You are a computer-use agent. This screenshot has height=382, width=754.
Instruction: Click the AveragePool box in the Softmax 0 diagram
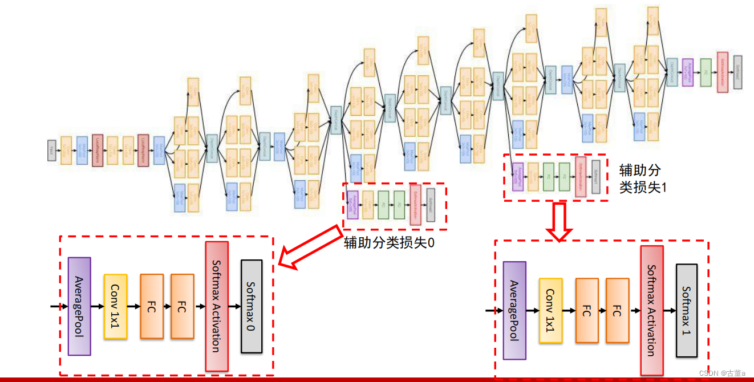[x=79, y=306]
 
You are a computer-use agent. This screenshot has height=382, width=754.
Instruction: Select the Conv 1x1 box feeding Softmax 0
[x=115, y=306]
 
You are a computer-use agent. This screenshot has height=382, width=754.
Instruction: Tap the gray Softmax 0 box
[x=252, y=306]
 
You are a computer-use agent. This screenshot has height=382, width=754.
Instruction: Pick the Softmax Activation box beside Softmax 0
[x=217, y=306]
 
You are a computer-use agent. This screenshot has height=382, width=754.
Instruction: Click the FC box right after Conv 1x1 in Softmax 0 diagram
[x=152, y=306]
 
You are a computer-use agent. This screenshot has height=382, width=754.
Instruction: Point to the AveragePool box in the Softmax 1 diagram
[x=514, y=311]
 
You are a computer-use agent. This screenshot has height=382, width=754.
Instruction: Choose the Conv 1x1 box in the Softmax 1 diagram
[x=550, y=311]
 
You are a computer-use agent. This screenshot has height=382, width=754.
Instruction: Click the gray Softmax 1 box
[x=687, y=311]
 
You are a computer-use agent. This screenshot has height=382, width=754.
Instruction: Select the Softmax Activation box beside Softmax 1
[x=652, y=311]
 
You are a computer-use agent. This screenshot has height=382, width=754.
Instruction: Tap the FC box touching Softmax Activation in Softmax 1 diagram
[x=618, y=311]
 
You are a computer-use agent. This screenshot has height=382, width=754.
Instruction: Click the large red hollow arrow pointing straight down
[x=559, y=222]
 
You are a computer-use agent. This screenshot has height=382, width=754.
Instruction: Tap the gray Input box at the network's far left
[x=51, y=150]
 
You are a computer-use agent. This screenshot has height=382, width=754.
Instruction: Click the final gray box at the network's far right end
[x=738, y=72]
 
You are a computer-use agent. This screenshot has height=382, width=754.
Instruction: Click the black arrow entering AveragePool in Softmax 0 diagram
[x=59, y=306]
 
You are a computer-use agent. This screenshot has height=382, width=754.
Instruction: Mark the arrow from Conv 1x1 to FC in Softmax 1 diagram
[x=569, y=311]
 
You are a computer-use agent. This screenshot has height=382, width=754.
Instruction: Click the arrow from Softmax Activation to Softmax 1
[x=670, y=311]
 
